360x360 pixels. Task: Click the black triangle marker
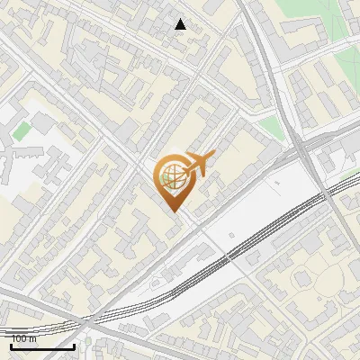[181, 24]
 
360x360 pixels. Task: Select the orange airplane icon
[199, 165]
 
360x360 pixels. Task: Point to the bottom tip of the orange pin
[174, 211]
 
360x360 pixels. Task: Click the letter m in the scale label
[33, 338]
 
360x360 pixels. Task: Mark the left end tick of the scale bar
[11, 345]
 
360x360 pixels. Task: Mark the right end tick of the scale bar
[74, 345]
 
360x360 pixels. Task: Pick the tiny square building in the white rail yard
[281, 184]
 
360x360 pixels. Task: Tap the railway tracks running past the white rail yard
[252, 234]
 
